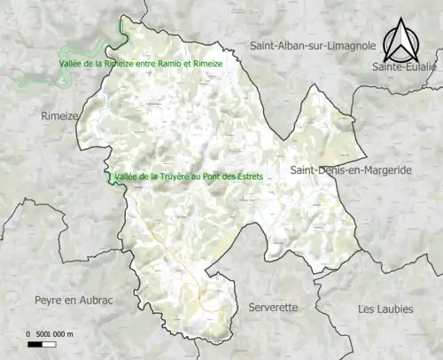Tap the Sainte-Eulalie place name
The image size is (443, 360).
pos(405,67)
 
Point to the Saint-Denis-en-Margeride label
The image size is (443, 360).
pos(350,169)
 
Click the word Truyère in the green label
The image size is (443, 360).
pos(172,176)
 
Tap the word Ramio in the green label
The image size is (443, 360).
pos(166,65)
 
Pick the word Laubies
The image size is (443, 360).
pos(392,309)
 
